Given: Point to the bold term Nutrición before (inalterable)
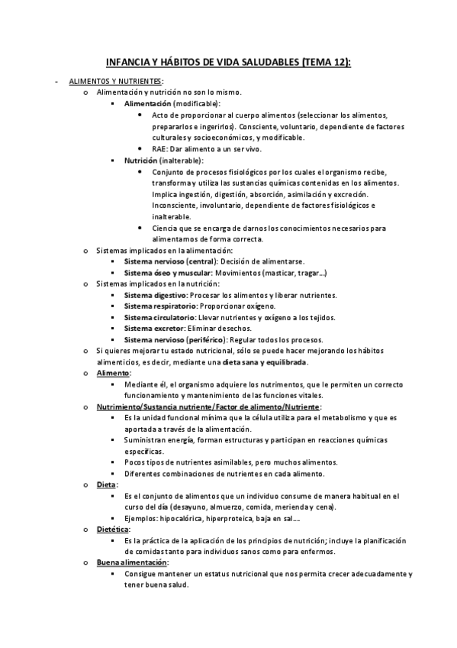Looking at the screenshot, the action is pos(140,160).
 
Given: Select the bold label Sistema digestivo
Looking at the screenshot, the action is pos(155,295).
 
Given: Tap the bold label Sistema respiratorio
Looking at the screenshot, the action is pos(160,306).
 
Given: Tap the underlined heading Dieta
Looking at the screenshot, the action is pos(107,484).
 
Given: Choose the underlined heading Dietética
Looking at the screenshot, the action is pos(113,529).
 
